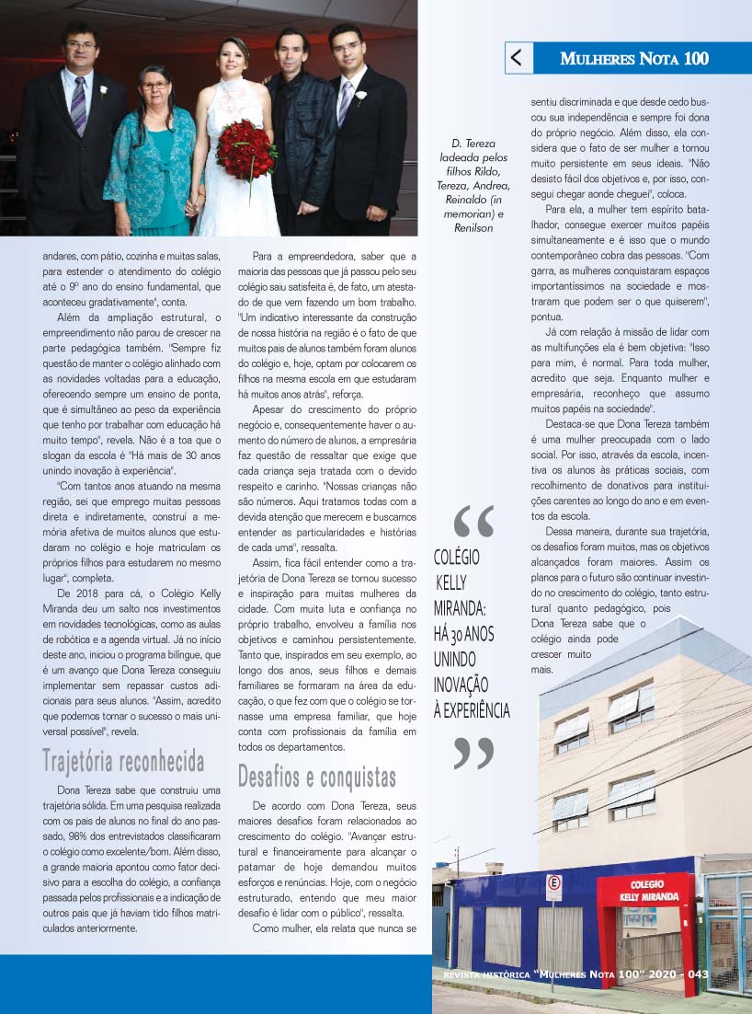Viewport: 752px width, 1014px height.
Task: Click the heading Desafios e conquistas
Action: pyautogui.click(x=317, y=777)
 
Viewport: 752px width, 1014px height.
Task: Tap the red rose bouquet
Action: pyautogui.click(x=245, y=148)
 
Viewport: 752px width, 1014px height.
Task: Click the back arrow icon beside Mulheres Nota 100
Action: pyautogui.click(x=517, y=59)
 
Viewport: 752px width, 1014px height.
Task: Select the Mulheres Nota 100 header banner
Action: pyautogui.click(x=634, y=59)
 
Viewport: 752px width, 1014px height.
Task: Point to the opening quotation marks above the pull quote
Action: pyautogui.click(x=473, y=522)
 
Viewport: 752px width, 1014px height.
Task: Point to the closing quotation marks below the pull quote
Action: pyautogui.click(x=473, y=752)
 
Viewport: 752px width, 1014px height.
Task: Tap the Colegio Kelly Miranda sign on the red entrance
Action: pyautogui.click(x=649, y=891)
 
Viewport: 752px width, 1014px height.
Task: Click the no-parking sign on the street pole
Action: pyautogui.click(x=553, y=887)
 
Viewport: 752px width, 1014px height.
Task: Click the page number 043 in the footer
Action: pyautogui.click(x=698, y=974)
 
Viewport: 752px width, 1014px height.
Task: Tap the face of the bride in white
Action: pyautogui.click(x=232, y=61)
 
